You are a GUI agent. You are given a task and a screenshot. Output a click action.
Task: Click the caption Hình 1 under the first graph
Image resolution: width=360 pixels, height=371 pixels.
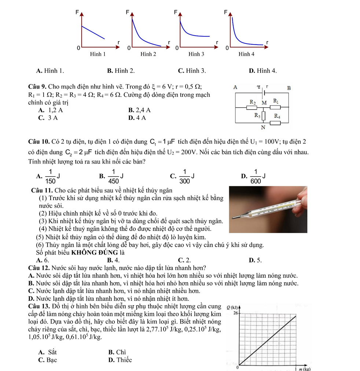[x=98, y=54]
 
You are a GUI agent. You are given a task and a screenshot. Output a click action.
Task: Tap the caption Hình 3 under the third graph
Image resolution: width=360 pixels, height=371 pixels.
[x=196, y=54]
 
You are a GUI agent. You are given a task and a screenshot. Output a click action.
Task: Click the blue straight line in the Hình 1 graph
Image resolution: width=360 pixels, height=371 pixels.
[x=93, y=32]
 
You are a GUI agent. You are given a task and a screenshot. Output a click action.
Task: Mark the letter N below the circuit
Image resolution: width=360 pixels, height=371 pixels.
[x=263, y=128]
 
